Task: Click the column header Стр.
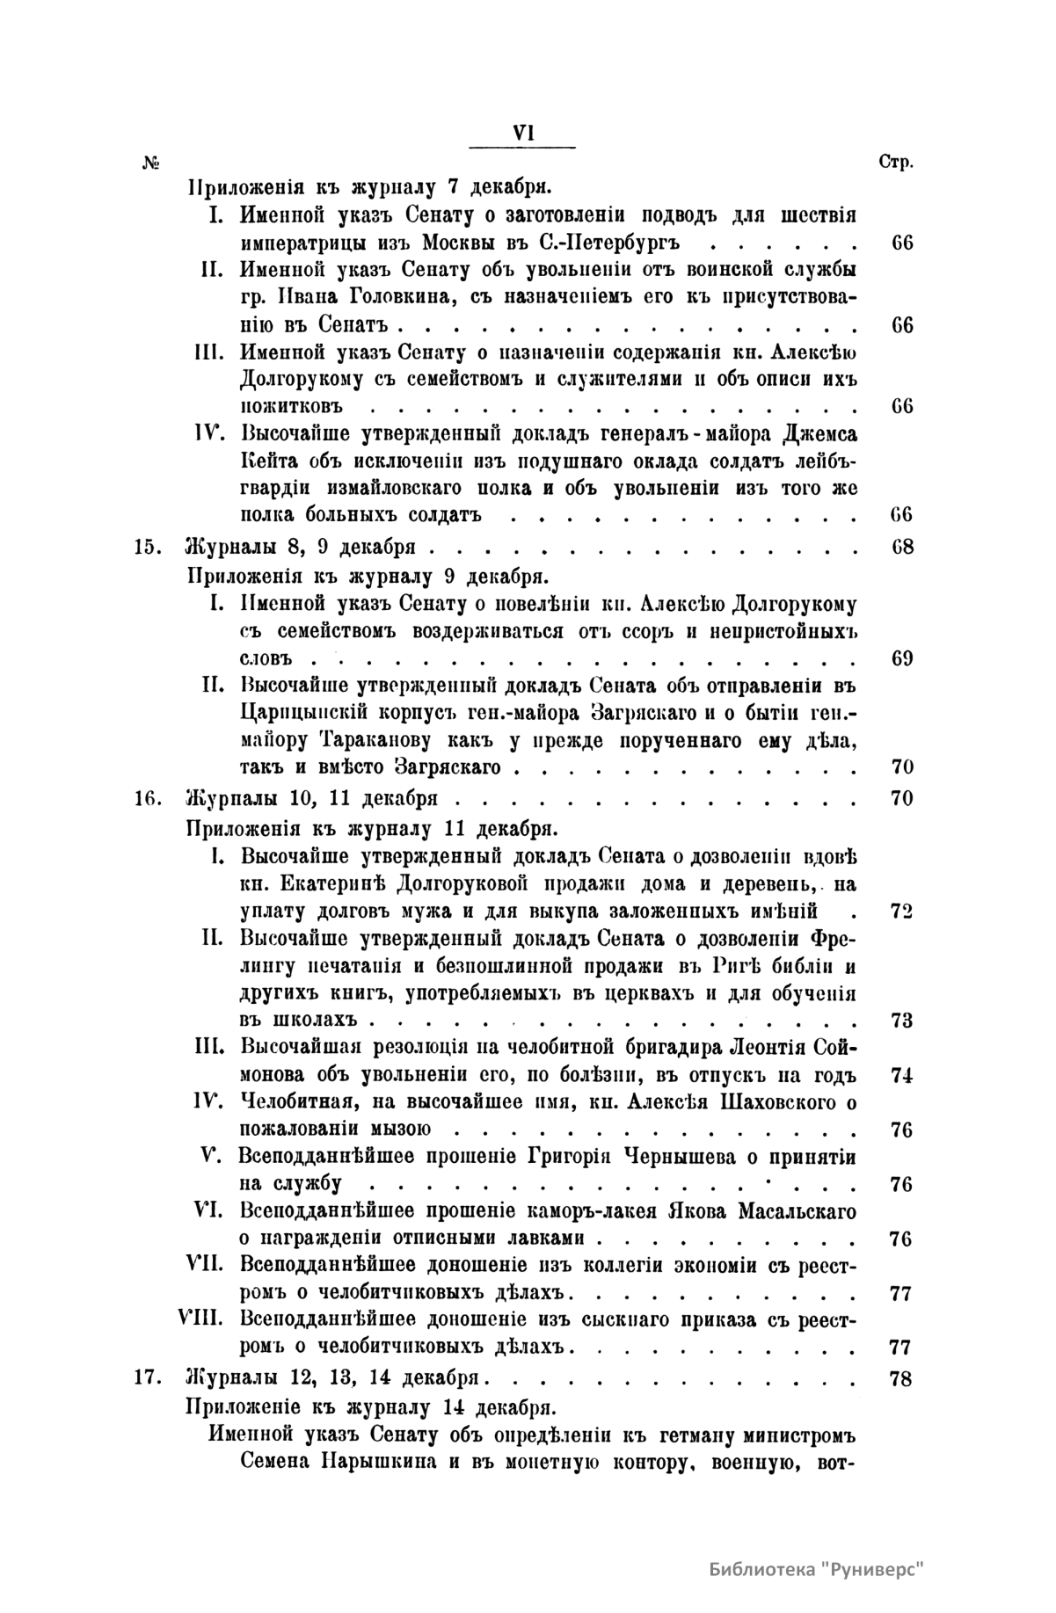[x=896, y=163]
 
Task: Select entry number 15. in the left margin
[x=146, y=547]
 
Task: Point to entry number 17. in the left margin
[x=146, y=1378]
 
